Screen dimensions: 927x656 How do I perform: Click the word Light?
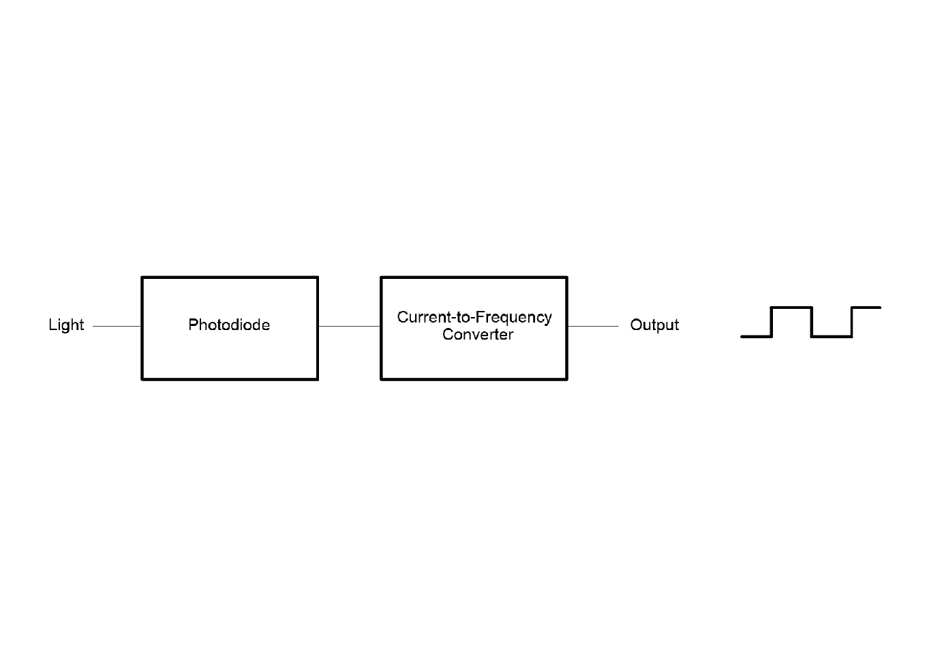66,325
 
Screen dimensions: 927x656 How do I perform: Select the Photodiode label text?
229,325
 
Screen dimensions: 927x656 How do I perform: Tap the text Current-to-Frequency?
474,318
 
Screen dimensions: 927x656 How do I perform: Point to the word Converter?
478,334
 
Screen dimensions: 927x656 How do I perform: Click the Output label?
654,325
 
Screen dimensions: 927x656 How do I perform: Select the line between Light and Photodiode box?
117,327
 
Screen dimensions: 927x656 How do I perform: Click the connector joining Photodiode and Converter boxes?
349,327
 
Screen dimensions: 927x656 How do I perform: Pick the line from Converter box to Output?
593,327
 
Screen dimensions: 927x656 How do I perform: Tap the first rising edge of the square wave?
772,322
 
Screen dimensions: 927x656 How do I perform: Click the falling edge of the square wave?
812,322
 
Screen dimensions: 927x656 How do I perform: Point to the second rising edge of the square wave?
852,322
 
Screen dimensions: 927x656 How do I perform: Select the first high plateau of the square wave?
791,308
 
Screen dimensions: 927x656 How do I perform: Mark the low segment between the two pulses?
832,337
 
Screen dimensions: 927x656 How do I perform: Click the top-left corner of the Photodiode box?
142,277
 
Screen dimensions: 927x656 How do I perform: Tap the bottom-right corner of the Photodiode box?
318,379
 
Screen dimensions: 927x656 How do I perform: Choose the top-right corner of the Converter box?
566,277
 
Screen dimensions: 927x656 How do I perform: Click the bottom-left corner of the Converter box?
381,379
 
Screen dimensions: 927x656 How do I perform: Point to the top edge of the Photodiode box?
230,277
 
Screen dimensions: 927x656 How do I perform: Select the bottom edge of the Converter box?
474,379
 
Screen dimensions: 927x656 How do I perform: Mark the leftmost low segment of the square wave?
757,337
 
